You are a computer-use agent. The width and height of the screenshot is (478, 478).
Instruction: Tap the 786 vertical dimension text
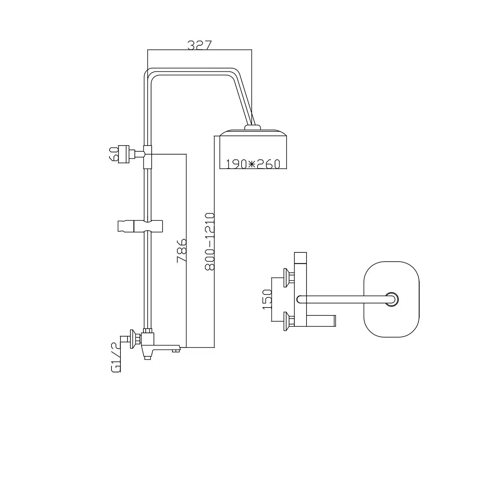pos(182,250)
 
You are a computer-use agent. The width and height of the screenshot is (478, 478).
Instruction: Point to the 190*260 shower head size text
pos(253,164)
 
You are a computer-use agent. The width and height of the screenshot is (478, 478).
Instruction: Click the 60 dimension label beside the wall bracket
pos(114,154)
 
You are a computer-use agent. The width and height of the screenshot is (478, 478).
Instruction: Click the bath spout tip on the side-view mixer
pos(175,350)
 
